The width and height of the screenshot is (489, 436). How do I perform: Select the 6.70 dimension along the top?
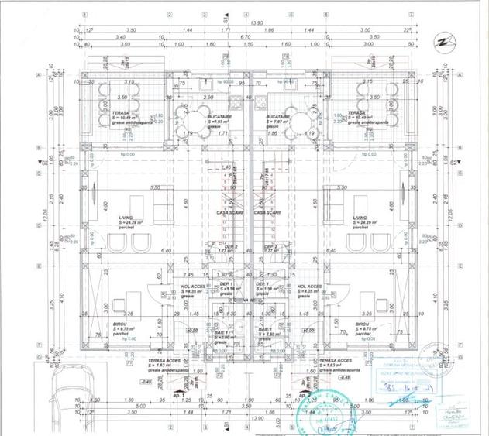click(244, 36)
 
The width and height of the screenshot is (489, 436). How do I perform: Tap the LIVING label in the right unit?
click(360, 218)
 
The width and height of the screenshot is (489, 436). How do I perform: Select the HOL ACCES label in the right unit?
click(309, 286)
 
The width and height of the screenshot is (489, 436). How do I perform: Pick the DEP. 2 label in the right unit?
click(270, 246)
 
